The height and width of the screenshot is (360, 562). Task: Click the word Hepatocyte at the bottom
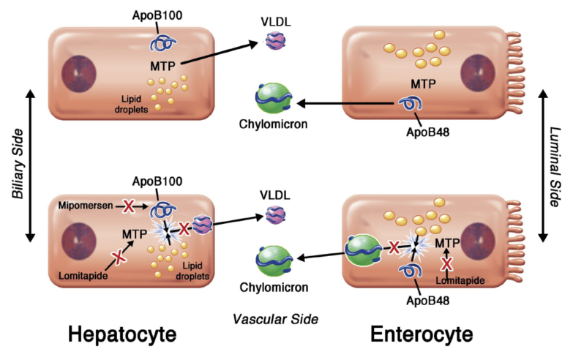coord(122,334)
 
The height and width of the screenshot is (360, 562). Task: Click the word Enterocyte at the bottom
coord(421,334)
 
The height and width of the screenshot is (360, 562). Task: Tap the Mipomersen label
coord(86,206)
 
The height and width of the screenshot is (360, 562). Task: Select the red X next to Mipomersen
coord(128,206)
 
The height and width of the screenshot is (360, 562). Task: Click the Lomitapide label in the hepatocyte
coord(83,275)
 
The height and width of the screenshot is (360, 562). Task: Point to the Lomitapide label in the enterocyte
coord(460,280)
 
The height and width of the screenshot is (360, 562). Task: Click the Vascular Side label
coord(275,319)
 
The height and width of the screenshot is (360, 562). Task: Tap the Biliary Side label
coord(18,163)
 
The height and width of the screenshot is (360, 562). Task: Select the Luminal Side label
coord(555,166)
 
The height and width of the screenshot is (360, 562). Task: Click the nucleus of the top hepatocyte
coord(79,74)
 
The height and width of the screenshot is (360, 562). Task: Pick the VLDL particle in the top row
coord(276,40)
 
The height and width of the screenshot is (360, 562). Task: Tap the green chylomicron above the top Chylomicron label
coord(274,98)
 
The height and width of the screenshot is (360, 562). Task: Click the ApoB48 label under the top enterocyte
coord(427,132)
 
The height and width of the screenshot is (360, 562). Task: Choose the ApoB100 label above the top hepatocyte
coord(157,15)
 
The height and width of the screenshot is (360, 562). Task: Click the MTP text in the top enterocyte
coord(423,84)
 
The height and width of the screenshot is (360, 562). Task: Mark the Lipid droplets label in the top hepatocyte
coord(131,104)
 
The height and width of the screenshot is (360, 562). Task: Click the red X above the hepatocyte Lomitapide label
coord(118,257)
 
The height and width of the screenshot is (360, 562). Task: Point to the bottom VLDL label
coord(275,195)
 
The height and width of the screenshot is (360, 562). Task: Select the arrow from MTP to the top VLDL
coord(220,53)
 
